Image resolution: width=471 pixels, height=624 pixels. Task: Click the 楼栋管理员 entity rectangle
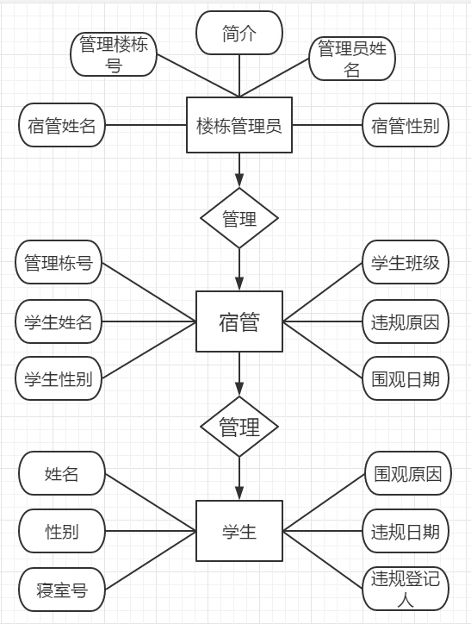pyautogui.click(x=239, y=125)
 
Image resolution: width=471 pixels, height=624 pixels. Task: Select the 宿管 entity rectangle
pyautogui.click(x=239, y=321)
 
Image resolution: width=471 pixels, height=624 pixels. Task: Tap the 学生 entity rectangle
pyautogui.click(x=239, y=531)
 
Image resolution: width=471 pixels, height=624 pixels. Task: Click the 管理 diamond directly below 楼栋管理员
pyautogui.click(x=239, y=218)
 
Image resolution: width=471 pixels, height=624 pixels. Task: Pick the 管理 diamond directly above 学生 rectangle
pyautogui.click(x=239, y=427)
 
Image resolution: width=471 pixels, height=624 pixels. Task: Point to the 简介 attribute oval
pyautogui.click(x=239, y=33)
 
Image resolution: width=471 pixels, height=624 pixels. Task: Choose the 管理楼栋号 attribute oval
pyautogui.click(x=114, y=54)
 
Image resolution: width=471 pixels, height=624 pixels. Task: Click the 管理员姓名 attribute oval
pyautogui.click(x=352, y=59)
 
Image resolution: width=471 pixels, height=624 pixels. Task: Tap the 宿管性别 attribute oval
pyautogui.click(x=406, y=125)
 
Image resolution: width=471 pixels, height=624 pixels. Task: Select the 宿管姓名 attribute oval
pyautogui.click(x=62, y=125)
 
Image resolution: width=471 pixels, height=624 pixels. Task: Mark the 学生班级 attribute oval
pyautogui.click(x=406, y=262)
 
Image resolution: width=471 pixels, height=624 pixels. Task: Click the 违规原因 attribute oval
pyautogui.click(x=406, y=321)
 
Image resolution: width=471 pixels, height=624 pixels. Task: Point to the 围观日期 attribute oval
pyautogui.click(x=406, y=378)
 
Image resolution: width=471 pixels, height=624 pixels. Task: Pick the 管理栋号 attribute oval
pyautogui.click(x=59, y=262)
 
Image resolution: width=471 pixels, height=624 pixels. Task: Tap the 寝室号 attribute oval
pyautogui.click(x=62, y=590)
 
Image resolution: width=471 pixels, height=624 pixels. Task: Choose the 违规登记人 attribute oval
pyautogui.click(x=406, y=589)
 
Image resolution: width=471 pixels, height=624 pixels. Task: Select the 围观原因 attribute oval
pyautogui.click(x=408, y=473)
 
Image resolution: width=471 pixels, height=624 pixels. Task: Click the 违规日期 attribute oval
pyautogui.click(x=406, y=531)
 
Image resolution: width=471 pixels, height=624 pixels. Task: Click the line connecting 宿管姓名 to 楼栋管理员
pyautogui.click(x=146, y=125)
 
